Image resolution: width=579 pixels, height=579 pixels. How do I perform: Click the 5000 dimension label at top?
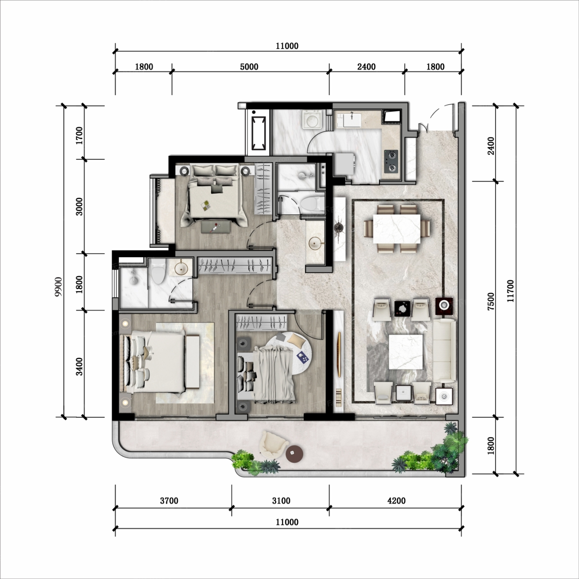click(x=249, y=67)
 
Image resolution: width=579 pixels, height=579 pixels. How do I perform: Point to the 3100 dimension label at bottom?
click(x=281, y=501)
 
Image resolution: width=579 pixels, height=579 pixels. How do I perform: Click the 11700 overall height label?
click(x=510, y=291)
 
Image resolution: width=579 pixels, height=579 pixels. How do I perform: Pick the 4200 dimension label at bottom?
click(x=396, y=501)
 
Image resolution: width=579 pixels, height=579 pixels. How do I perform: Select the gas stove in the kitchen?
click(x=391, y=161)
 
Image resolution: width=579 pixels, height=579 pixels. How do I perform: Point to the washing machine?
click(x=313, y=120)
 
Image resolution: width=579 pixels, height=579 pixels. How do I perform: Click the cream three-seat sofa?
click(x=445, y=351)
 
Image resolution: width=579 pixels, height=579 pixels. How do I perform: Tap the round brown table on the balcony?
click(x=294, y=454)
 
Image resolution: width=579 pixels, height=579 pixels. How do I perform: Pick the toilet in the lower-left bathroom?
click(x=158, y=272)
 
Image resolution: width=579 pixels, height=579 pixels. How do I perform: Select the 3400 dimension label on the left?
click(x=79, y=366)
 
